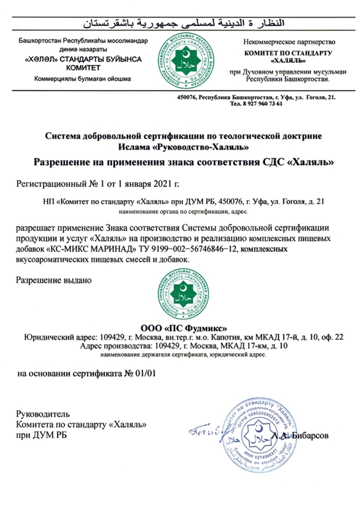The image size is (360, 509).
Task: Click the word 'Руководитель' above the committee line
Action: coord(44,414)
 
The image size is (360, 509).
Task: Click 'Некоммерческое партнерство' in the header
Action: coord(289,42)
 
